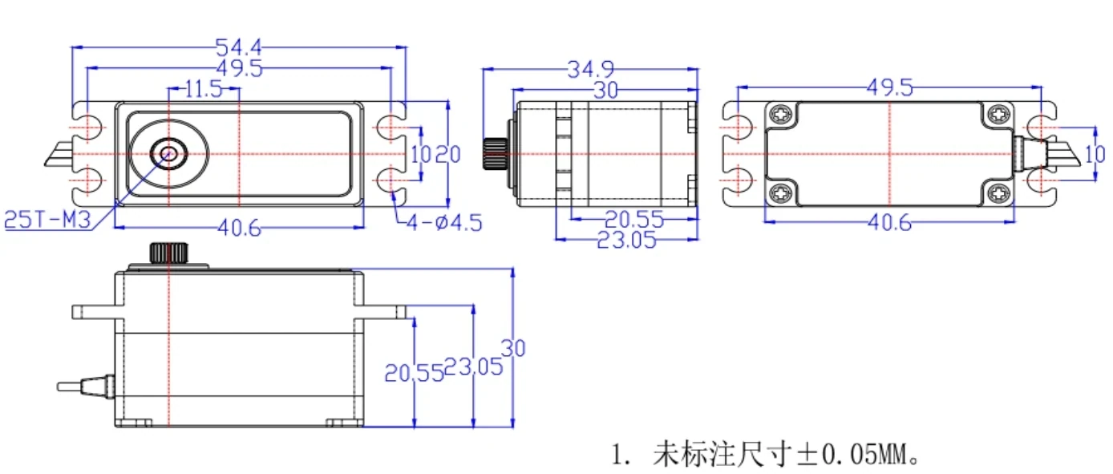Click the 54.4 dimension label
point(239,47)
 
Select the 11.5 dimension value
point(204,90)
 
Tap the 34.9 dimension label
point(591,70)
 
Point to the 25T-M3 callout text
point(47,220)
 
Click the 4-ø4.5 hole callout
point(444,223)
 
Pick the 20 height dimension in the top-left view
point(448,155)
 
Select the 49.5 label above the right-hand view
point(890,88)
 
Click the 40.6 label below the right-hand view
point(889,223)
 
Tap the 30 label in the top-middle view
point(605,91)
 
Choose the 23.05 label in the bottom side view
point(474,367)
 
